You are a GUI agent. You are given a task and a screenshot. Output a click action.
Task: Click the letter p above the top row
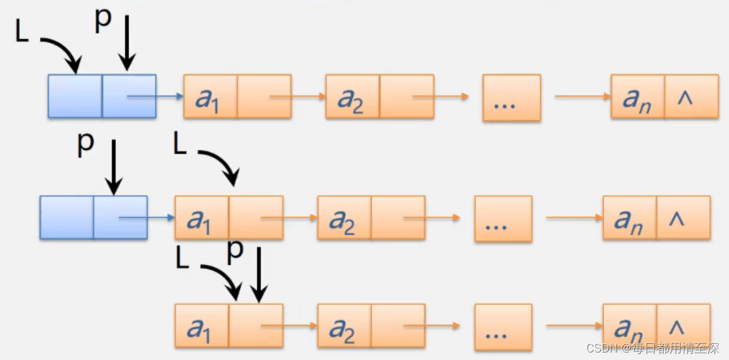(x=102, y=20)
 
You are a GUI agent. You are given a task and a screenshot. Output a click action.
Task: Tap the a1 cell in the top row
(x=211, y=96)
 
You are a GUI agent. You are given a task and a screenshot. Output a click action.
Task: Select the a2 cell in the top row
(x=353, y=96)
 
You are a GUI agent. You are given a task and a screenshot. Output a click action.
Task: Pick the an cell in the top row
(x=637, y=96)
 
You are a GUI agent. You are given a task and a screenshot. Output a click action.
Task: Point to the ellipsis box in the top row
(x=512, y=97)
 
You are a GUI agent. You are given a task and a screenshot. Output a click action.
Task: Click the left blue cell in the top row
(x=75, y=96)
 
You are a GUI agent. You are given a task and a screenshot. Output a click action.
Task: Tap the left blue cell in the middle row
(x=67, y=217)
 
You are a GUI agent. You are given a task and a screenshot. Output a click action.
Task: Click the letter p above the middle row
(x=85, y=144)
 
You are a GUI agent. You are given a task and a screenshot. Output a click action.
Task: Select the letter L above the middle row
(x=180, y=145)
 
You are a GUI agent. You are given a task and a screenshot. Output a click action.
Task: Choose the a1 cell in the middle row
(x=202, y=217)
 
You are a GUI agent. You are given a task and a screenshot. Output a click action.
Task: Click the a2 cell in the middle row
(x=344, y=217)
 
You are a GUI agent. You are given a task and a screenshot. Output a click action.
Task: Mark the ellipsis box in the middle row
(x=503, y=219)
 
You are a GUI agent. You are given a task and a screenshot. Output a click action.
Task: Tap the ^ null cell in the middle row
(x=683, y=217)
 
